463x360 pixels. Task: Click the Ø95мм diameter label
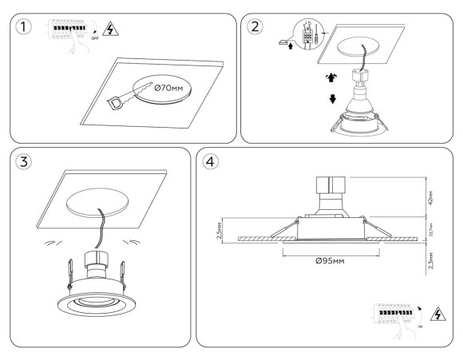(x=330, y=260)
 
